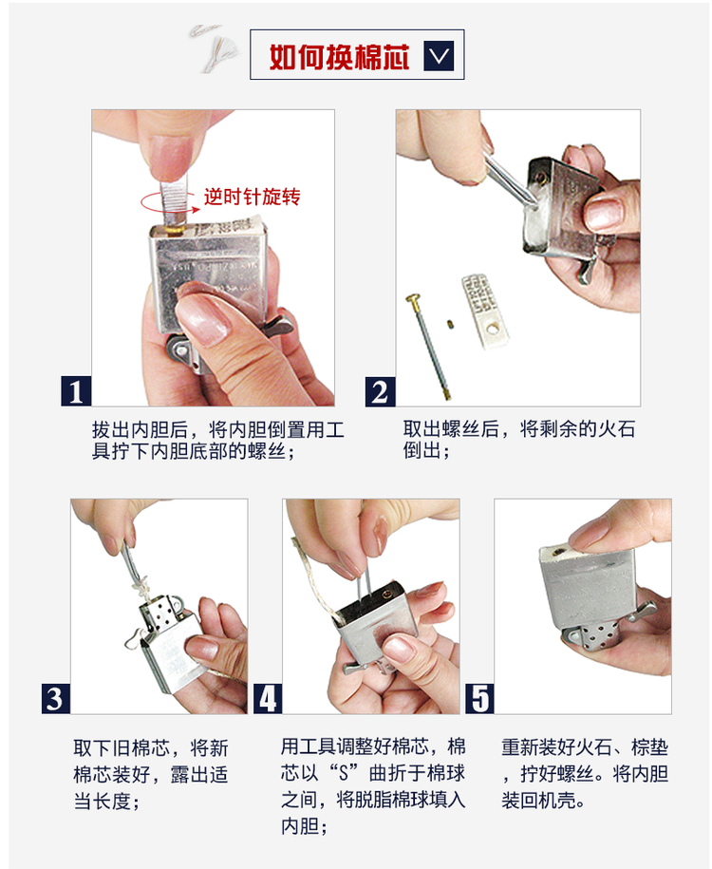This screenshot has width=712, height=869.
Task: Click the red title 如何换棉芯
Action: (x=339, y=56)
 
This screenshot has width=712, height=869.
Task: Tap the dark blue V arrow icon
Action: (x=439, y=55)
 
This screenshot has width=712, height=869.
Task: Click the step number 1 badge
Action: (x=76, y=391)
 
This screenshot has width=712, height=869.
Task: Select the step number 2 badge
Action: (x=380, y=391)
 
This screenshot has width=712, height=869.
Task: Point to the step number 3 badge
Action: (x=55, y=698)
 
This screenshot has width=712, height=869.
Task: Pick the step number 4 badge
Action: (x=268, y=698)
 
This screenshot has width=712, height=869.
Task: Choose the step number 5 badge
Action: (x=479, y=698)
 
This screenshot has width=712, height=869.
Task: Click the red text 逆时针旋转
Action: (x=253, y=197)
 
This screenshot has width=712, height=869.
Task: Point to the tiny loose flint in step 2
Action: (x=452, y=324)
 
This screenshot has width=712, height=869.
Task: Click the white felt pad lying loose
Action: (x=485, y=311)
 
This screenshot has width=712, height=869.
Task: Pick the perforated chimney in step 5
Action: (x=593, y=639)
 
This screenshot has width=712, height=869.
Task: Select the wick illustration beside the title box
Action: (x=215, y=48)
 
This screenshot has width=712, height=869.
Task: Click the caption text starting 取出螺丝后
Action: (x=518, y=440)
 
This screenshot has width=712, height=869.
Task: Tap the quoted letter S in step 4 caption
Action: (x=344, y=773)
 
